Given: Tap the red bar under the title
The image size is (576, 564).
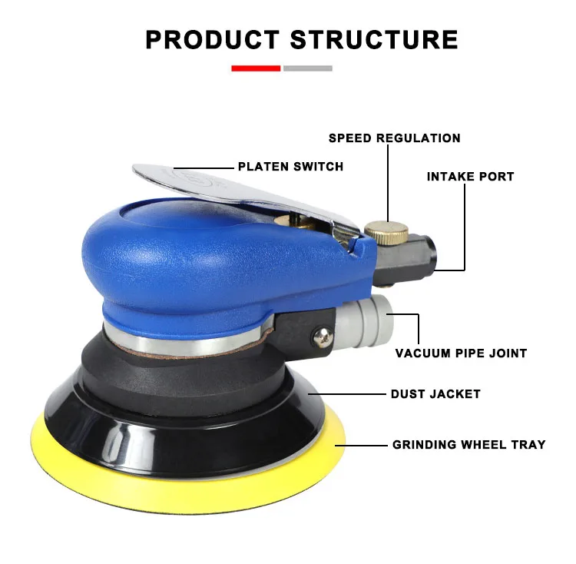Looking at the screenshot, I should [256, 68].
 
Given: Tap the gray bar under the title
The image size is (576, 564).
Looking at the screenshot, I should [307, 68].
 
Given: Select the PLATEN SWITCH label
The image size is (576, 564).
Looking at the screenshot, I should [290, 166].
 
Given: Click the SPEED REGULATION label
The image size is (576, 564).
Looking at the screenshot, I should [394, 138].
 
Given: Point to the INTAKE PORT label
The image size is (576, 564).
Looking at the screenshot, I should [470, 177].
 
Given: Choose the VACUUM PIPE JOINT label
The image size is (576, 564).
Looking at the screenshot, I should [461, 353].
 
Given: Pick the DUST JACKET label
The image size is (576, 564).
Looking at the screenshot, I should [435, 394].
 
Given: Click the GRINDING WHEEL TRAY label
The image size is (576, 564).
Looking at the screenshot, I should [468, 444].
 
